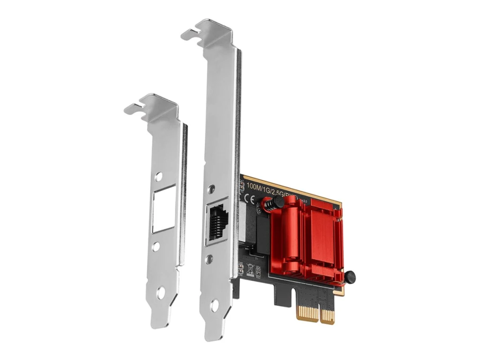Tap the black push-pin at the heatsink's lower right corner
click(350, 277)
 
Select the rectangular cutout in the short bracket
click(164, 209)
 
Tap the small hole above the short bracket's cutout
click(159, 177)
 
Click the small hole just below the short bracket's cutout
click(156, 246)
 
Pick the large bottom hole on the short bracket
click(160, 293)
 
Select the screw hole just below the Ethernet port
click(210, 258)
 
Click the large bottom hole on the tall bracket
click(214, 305)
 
